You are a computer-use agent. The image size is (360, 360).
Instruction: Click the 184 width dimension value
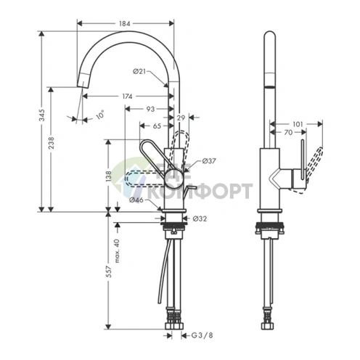point(125,23)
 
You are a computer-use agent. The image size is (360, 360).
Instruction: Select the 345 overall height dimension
point(41,115)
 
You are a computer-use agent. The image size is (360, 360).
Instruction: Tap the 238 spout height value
point(52,143)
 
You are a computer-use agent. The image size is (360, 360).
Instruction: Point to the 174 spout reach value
point(127,97)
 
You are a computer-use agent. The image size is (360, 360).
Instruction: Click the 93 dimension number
point(150,109)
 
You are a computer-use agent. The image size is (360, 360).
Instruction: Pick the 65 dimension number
point(157,126)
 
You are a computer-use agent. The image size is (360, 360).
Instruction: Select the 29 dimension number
point(181,118)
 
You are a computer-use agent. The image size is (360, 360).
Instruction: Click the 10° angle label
point(100,115)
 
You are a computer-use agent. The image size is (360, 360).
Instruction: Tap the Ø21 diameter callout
point(139,71)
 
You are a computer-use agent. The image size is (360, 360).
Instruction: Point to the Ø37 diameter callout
point(209,160)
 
